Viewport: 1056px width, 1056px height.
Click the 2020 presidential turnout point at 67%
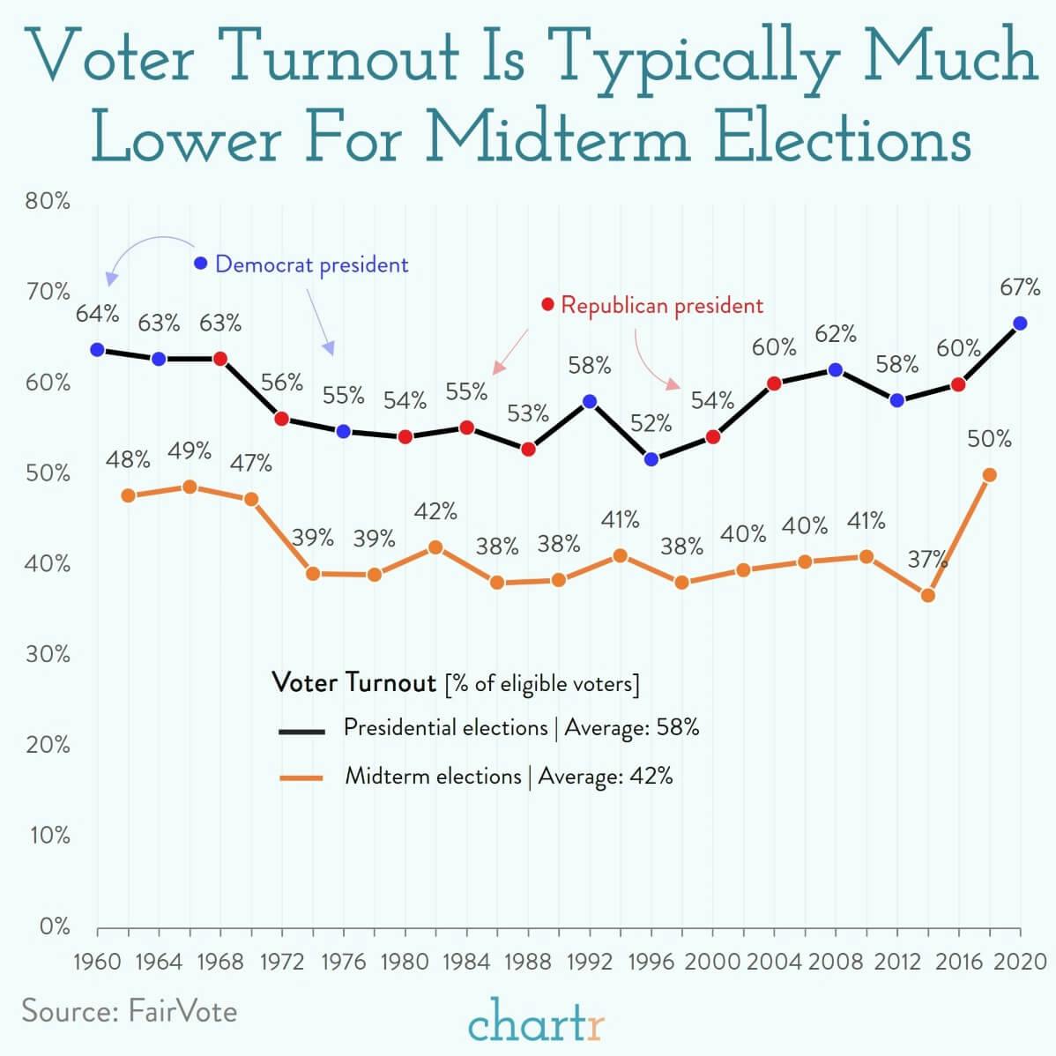1020,323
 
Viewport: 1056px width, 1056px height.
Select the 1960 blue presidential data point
97,350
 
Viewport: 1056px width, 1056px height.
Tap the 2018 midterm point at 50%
989,475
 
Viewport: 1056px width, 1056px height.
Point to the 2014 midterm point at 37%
927,596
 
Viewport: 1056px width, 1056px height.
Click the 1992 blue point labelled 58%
590,401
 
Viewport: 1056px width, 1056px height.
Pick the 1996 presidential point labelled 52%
651,459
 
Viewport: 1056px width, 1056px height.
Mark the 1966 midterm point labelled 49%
190,487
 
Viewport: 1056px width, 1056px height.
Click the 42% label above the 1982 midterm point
435,511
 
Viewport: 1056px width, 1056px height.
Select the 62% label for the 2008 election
835,334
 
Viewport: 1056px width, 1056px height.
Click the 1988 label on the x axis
528,961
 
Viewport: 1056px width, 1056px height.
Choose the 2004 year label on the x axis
774,961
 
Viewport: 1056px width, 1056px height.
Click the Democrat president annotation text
311,264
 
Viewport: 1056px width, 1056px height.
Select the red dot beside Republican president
547,305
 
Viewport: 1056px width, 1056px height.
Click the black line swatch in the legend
301,731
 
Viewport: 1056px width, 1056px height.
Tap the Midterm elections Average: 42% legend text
509,777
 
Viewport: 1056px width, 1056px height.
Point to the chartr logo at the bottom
537,1025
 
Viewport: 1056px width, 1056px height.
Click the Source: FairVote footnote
130,1009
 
